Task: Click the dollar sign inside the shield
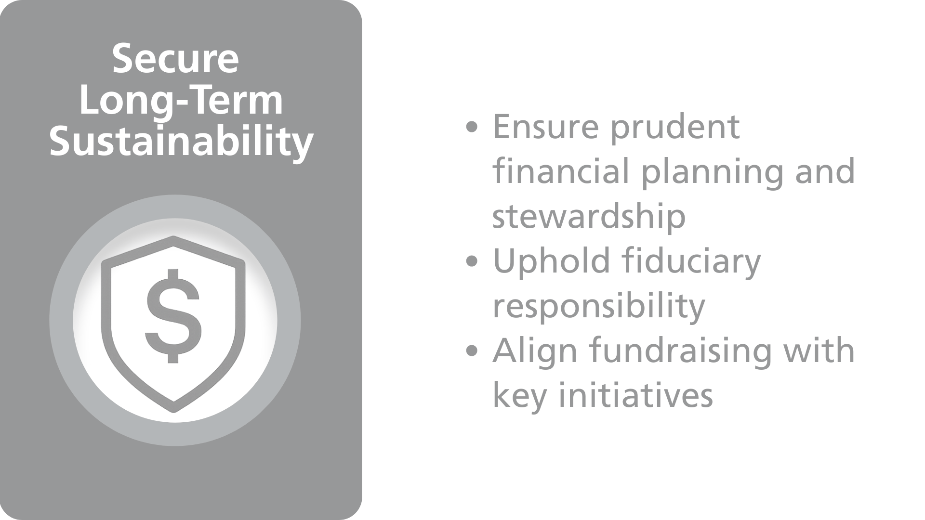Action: (173, 316)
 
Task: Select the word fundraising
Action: (681, 351)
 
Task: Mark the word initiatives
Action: (636, 395)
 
